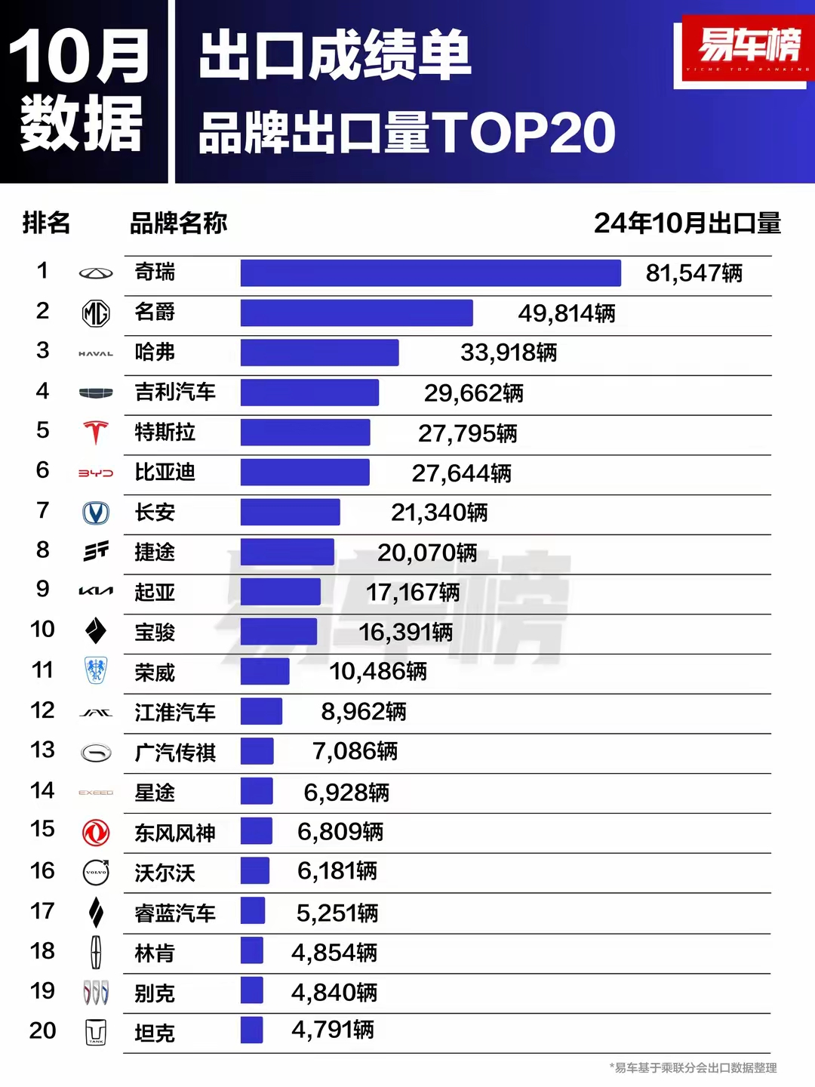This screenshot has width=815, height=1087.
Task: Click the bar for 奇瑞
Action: pos(430,273)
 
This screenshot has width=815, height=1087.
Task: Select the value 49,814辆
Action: pos(566,313)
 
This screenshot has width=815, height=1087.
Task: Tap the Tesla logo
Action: pos(96,433)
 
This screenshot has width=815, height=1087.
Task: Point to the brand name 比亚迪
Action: pos(165,473)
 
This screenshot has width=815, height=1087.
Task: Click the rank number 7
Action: pos(43,511)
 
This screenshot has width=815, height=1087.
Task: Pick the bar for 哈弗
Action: pos(319,353)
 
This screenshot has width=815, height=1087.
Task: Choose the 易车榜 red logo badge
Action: pos(747,49)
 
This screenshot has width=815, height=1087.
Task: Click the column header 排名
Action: pos(46,223)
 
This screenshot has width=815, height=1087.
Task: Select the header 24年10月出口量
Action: pos(687,223)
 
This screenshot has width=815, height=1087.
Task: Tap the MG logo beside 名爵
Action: pos(96,313)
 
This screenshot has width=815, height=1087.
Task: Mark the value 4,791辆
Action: pos(333,1030)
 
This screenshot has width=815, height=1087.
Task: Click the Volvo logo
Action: pos(96,873)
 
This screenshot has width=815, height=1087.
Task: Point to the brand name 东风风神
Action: pos(175,833)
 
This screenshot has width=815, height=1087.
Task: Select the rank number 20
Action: pos(43,1030)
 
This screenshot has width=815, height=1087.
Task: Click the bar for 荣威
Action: pos(265,671)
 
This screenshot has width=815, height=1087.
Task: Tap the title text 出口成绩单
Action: pos(335,55)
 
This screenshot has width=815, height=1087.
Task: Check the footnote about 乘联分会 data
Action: pos(693,1068)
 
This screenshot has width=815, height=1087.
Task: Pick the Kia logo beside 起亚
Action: pos(96,591)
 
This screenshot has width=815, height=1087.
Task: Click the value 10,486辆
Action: pos(378,671)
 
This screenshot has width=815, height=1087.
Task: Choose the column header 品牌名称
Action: pos(178,223)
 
